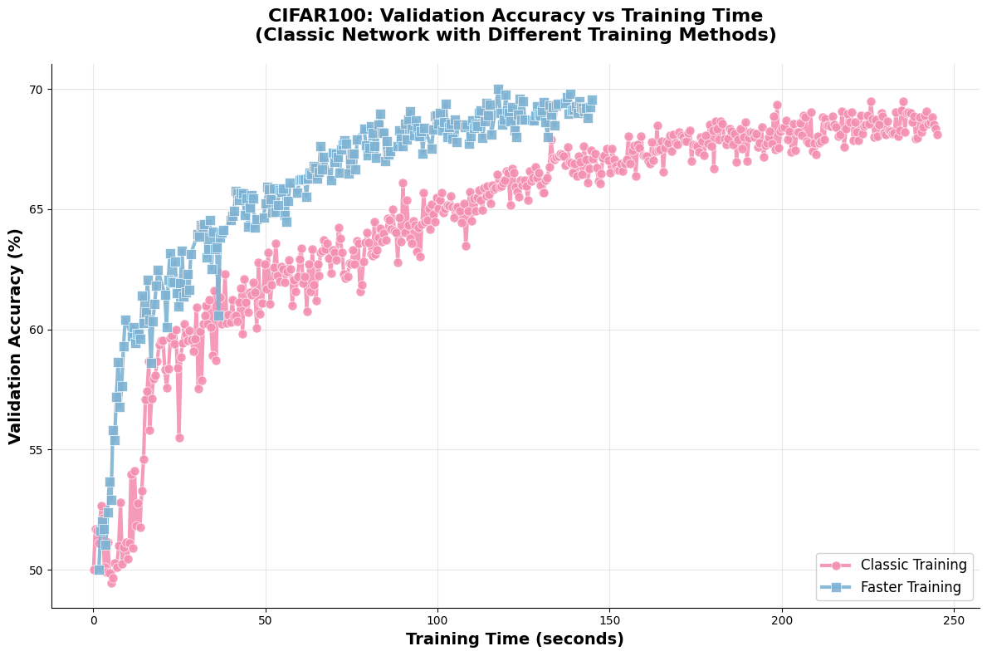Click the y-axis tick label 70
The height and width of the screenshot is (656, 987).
(36, 90)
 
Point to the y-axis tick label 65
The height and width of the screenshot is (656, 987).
(36, 209)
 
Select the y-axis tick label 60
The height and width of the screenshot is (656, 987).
(36, 330)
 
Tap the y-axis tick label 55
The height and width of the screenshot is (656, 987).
(36, 450)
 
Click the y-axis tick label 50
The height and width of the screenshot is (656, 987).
(36, 570)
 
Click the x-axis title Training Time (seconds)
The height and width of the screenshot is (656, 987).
(515, 639)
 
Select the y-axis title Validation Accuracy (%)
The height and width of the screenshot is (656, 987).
(16, 336)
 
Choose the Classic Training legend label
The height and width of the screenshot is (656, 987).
(913, 565)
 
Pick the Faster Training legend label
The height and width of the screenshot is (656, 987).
(911, 588)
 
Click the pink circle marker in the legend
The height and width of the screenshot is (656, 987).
(836, 565)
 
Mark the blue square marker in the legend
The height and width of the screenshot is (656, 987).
(836, 588)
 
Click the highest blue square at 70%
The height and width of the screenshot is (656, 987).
(498, 89)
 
